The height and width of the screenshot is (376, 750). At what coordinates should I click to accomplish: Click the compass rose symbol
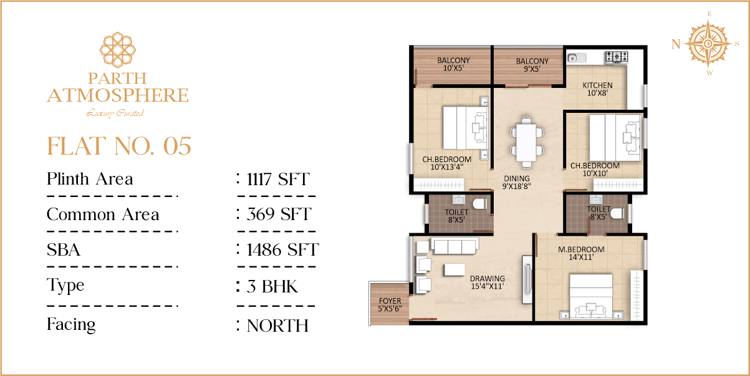(x=708, y=44)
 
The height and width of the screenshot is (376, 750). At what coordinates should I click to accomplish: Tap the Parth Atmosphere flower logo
(x=118, y=50)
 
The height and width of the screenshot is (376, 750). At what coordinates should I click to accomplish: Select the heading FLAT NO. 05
(x=119, y=146)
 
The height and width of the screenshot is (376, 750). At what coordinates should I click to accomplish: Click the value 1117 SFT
(x=278, y=179)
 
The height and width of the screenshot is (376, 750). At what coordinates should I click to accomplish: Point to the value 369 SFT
(x=279, y=215)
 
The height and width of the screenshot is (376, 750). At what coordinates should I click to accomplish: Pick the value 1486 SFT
(x=282, y=250)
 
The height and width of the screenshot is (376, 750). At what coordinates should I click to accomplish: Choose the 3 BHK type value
(x=272, y=287)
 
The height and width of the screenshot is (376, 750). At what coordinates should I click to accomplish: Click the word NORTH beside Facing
(x=277, y=325)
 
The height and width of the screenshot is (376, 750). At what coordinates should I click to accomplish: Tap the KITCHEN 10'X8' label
(x=597, y=89)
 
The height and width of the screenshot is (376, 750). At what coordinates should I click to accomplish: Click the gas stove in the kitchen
(x=617, y=57)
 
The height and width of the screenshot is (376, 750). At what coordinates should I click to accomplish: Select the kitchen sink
(x=577, y=58)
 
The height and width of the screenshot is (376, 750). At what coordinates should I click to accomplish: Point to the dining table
(x=526, y=142)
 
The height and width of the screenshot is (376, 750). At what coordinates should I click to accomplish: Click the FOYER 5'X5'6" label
(x=390, y=305)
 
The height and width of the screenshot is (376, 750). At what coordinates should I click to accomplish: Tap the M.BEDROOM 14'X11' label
(x=581, y=253)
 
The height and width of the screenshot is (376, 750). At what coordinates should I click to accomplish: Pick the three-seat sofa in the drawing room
(x=454, y=246)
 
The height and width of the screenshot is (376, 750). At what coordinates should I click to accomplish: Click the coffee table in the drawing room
(x=454, y=269)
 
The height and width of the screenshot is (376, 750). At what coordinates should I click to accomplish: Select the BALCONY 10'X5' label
(x=453, y=64)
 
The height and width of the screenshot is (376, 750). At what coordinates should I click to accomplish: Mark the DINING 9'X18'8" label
(x=517, y=183)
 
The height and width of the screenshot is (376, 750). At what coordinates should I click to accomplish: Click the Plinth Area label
(x=90, y=179)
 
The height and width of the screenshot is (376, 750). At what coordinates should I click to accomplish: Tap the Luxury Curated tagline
(x=115, y=113)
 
